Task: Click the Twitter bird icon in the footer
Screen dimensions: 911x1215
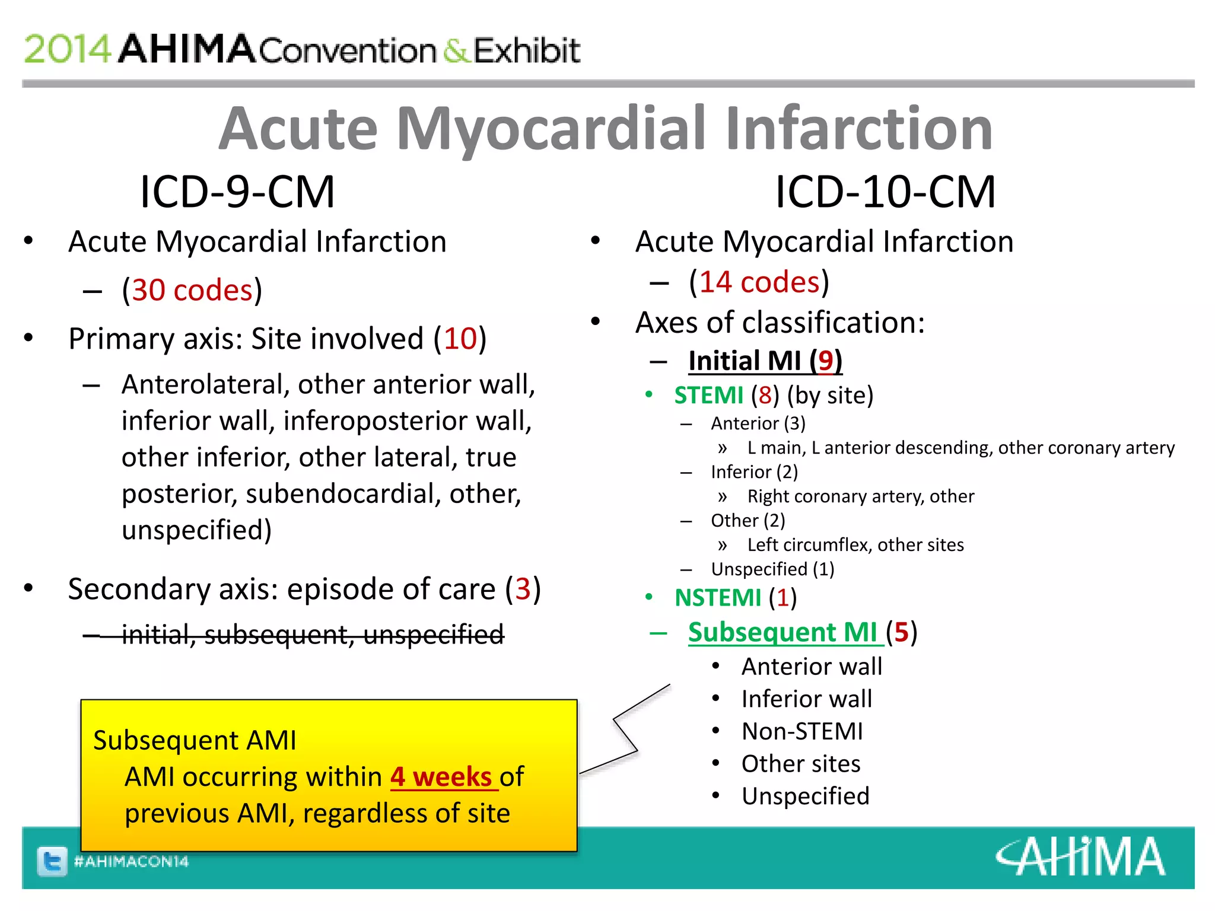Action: pyautogui.click(x=52, y=861)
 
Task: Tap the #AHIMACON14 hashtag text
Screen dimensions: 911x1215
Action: pyautogui.click(x=131, y=861)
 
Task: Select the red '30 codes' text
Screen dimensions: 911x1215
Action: pyautogui.click(x=192, y=291)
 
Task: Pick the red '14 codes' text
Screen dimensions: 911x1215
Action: pyautogui.click(x=759, y=282)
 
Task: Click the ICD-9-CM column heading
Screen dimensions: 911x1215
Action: pyautogui.click(x=237, y=192)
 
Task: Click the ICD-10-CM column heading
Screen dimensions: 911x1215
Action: pyautogui.click(x=885, y=192)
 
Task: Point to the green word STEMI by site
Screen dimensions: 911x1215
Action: pyautogui.click(x=709, y=396)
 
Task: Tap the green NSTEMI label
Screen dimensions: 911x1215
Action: pyautogui.click(x=718, y=598)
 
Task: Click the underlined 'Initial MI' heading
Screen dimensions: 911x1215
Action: pyautogui.click(x=745, y=361)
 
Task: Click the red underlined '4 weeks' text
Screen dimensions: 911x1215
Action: pyautogui.click(x=441, y=777)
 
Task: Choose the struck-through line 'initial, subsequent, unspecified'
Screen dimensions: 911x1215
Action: pyautogui.click(x=313, y=635)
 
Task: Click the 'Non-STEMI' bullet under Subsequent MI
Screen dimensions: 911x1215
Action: pyautogui.click(x=802, y=731)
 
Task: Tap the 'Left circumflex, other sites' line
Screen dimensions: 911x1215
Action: pyautogui.click(x=855, y=544)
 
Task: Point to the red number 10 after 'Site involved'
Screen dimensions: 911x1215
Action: pyautogui.click(x=460, y=339)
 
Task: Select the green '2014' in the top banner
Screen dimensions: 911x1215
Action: pyautogui.click(x=67, y=49)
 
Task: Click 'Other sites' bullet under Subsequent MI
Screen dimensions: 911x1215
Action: pyautogui.click(x=801, y=764)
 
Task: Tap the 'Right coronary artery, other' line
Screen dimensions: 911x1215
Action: pyautogui.click(x=860, y=496)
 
